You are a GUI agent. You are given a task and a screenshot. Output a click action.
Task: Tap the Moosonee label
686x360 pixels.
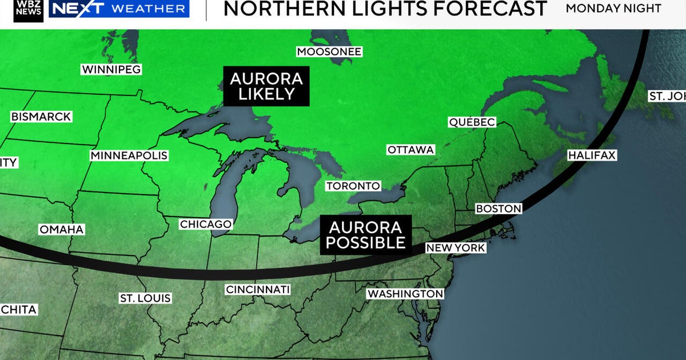click(329, 52)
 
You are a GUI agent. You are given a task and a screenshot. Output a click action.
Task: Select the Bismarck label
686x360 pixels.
click(41, 117)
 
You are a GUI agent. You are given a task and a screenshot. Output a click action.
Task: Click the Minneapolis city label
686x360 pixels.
click(129, 155)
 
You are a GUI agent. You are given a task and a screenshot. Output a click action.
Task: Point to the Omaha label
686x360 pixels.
click(62, 230)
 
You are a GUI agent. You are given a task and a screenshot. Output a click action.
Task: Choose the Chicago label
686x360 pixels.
click(206, 225)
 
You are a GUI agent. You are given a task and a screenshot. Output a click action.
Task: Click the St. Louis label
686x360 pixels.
click(145, 298)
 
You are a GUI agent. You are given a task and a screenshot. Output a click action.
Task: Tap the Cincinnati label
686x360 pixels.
click(258, 290)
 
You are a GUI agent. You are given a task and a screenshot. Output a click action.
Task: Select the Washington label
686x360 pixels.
click(405, 294)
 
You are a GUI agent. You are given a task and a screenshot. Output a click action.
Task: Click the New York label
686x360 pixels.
click(456, 248)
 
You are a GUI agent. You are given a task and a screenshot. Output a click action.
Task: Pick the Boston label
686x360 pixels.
click(498, 209)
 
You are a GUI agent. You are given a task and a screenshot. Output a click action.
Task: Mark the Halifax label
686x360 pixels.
click(592, 155)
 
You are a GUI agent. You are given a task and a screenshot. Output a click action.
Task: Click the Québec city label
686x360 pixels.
click(472, 122)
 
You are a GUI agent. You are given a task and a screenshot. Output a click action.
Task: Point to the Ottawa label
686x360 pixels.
click(411, 150)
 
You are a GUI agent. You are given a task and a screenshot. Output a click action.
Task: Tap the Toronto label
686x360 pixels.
click(353, 186)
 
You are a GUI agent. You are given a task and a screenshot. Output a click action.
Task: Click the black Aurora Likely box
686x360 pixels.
click(266, 86)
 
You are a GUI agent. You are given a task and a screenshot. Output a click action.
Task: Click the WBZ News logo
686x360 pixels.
click(29, 10)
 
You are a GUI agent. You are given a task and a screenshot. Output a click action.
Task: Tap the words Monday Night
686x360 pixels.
click(613, 9)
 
